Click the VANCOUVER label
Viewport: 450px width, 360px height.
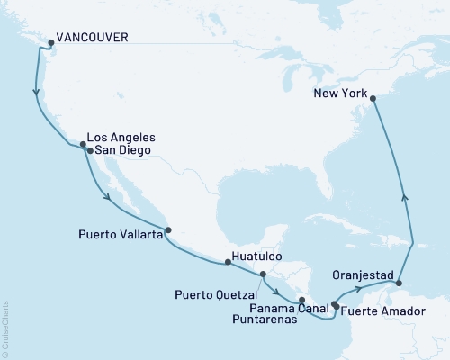pyautogui.click(x=91, y=38)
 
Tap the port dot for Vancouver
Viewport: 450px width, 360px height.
pyautogui.click(x=50, y=42)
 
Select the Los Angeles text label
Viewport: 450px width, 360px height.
pyautogui.click(x=123, y=137)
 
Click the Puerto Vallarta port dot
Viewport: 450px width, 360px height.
pyautogui.click(x=167, y=229)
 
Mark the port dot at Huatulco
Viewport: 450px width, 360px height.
pyautogui.click(x=228, y=262)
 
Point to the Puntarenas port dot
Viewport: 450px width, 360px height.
pyautogui.click(x=302, y=300)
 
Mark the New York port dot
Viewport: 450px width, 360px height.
pyautogui.click(x=372, y=99)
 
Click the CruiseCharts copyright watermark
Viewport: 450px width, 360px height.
pyautogui.click(x=6, y=328)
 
